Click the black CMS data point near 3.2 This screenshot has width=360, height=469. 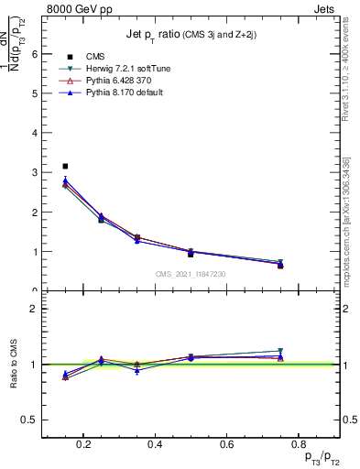point(65,166)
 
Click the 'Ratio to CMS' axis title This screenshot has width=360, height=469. point(14,365)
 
